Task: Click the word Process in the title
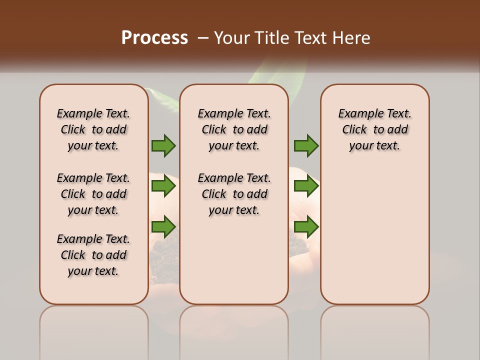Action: click(154, 38)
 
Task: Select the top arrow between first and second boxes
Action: click(163, 145)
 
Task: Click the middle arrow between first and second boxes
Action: click(163, 186)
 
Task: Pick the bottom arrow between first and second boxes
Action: click(163, 226)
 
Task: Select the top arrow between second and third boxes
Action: click(306, 145)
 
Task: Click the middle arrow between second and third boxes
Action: click(306, 186)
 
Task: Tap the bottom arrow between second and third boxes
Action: click(306, 226)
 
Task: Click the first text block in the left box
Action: click(93, 129)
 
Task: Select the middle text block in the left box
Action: click(93, 194)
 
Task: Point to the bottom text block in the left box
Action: click(93, 255)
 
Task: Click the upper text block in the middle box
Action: click(234, 129)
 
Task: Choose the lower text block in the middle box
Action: click(234, 194)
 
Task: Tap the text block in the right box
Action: click(375, 129)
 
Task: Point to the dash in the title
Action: click(203, 38)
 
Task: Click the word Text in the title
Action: click(310, 38)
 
